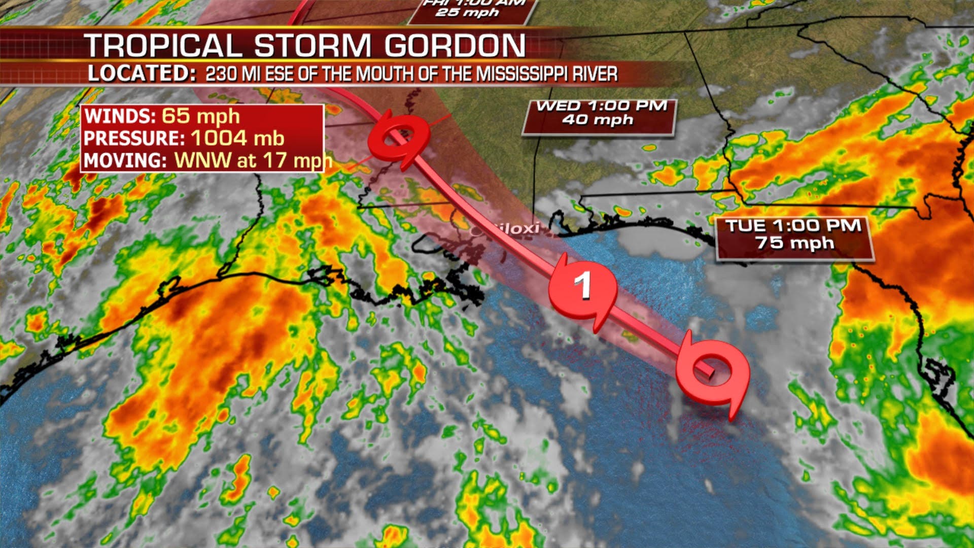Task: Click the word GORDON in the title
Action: (x=455, y=46)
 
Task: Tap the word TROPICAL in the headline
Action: (x=163, y=46)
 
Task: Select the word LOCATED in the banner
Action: (x=138, y=74)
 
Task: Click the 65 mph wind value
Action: (x=200, y=116)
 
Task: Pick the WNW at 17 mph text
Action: (x=253, y=160)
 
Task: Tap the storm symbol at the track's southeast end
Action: (x=713, y=373)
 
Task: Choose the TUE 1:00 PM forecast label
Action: (x=793, y=226)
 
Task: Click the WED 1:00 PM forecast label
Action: (x=601, y=106)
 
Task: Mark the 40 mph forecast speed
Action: (x=598, y=120)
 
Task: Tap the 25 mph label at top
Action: (x=467, y=12)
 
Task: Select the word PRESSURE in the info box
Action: (x=134, y=139)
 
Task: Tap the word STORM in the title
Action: (x=312, y=46)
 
